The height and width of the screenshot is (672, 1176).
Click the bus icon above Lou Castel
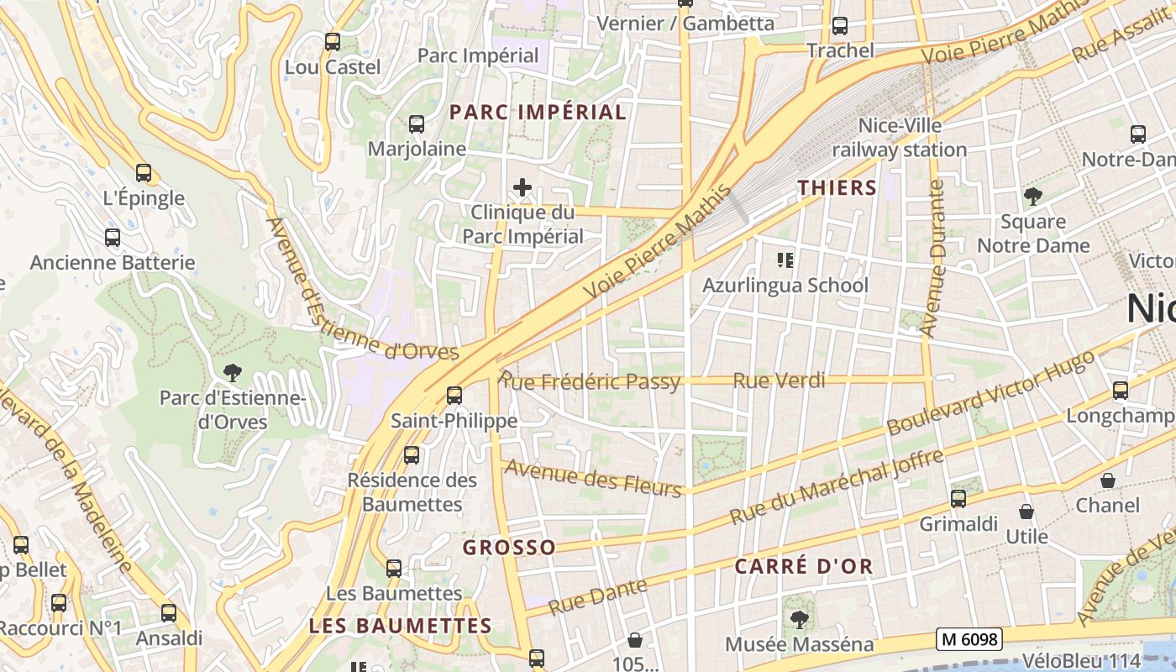[333, 41]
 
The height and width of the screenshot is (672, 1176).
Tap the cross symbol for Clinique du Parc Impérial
[522, 187]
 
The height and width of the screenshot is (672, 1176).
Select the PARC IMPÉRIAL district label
[538, 112]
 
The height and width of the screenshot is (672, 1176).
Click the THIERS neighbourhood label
[837, 187]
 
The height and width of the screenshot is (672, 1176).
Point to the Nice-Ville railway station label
[900, 138]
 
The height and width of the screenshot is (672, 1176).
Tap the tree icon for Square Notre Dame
[1032, 197]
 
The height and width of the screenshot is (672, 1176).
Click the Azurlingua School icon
[785, 260]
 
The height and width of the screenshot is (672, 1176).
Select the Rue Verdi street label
[779, 381]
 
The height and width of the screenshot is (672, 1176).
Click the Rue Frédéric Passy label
[590, 382]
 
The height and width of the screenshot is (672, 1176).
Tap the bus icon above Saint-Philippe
[454, 395]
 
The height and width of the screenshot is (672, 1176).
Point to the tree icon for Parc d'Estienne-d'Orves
[232, 371]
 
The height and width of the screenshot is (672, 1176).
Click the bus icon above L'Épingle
[144, 173]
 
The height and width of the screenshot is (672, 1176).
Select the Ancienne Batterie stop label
[113, 263]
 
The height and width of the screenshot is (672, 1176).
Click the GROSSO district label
[509, 548]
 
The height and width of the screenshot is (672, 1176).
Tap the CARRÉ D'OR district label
[804, 566]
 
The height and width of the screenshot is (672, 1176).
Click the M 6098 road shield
[970, 639]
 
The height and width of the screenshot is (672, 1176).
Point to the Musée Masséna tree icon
[799, 620]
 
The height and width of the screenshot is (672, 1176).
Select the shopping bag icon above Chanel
[1108, 480]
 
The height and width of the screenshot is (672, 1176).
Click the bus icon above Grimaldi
[958, 499]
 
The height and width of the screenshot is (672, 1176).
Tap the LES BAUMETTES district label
[400, 626]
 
